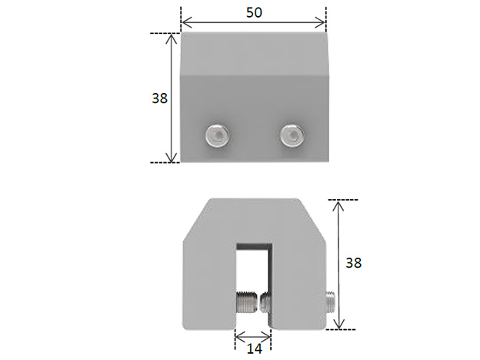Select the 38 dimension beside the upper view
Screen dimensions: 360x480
point(160,98)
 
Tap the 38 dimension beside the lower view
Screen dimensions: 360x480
point(353,262)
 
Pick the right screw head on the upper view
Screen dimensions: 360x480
point(292,135)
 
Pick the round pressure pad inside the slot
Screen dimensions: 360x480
point(266,301)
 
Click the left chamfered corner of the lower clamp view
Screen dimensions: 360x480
point(193,218)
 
